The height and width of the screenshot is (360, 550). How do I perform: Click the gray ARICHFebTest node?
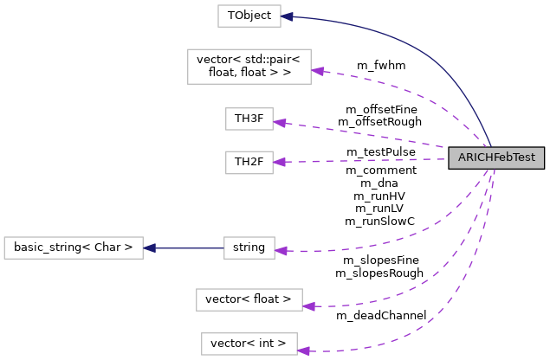[x=496, y=157]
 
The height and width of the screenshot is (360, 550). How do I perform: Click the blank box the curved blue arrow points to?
[x=249, y=16]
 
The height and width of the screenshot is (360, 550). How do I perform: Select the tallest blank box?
[x=249, y=67]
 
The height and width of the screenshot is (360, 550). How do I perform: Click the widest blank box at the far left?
[x=74, y=247]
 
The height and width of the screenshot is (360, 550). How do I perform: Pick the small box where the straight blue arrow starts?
[x=249, y=247]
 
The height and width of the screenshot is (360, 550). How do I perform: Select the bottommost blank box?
[x=249, y=344]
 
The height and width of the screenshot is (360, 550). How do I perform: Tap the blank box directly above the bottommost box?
[x=249, y=299]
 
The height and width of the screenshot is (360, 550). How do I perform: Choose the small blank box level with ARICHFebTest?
[x=249, y=162]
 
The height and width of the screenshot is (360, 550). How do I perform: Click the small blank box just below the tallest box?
[x=249, y=119]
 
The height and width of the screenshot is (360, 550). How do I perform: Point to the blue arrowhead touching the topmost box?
[x=288, y=16]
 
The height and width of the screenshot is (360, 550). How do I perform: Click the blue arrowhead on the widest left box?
[x=150, y=247]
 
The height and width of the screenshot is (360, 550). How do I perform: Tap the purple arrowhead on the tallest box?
[x=318, y=72]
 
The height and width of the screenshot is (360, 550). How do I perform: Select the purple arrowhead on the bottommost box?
[x=304, y=350]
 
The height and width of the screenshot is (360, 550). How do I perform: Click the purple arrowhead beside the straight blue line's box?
[x=281, y=251]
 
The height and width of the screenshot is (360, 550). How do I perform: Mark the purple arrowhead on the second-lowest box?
[x=309, y=305]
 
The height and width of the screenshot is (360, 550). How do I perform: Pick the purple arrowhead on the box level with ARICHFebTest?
[x=280, y=162]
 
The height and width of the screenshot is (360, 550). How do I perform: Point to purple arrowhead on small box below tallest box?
[x=280, y=123]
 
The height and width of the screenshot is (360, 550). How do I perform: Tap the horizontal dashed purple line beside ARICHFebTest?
[x=364, y=160]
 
